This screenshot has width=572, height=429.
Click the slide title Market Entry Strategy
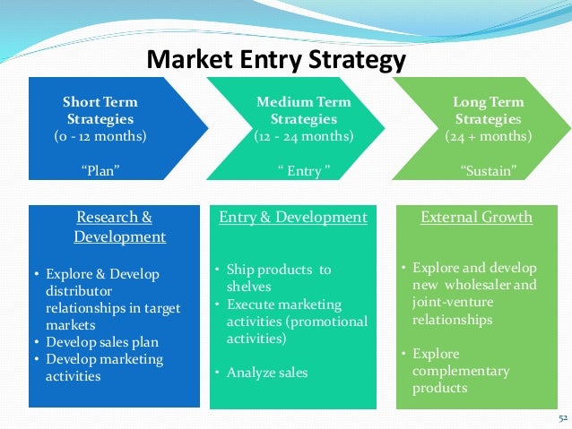(276, 60)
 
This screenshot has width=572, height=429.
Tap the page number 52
(562, 417)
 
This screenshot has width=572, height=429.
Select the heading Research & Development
(115, 227)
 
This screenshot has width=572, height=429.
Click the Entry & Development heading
(292, 218)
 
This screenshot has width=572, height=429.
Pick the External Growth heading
(476, 218)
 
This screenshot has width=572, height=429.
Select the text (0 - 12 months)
(100, 136)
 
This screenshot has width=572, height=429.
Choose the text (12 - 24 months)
(304, 136)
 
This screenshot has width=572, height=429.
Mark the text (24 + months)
(488, 136)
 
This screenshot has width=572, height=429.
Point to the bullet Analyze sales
(266, 373)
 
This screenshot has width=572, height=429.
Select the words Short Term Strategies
(100, 110)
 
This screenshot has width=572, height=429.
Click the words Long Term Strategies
(488, 110)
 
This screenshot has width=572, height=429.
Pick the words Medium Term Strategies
(304, 110)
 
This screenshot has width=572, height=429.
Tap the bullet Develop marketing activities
(104, 367)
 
